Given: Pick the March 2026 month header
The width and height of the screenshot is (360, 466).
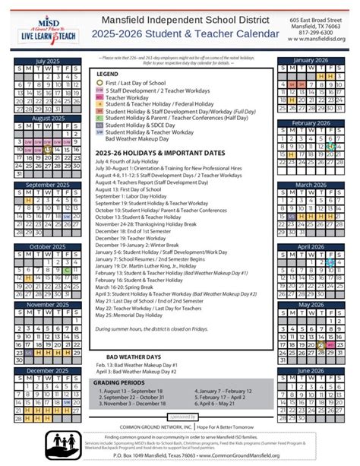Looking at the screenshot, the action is coord(314,185).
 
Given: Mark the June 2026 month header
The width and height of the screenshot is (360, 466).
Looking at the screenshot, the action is coord(314,370).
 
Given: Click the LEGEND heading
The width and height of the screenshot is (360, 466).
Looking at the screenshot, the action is coord(109,74).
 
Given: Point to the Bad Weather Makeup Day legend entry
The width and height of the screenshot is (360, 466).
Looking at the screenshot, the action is coord(137,139).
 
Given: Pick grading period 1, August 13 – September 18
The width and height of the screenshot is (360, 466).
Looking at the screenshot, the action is coord(137,392).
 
